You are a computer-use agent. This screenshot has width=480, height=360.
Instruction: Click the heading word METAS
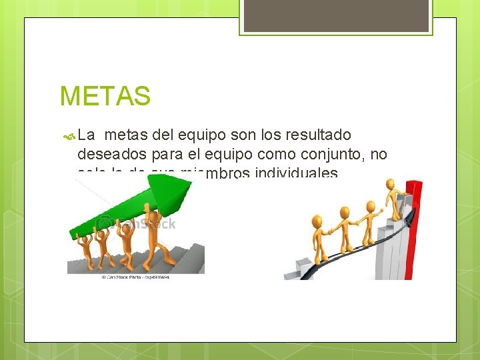(105, 96)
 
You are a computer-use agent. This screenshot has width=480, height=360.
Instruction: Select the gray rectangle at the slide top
(336, 15)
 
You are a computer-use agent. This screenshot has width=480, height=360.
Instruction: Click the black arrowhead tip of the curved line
(415, 213)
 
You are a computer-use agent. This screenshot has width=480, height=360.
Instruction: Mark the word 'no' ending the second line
(378, 155)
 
